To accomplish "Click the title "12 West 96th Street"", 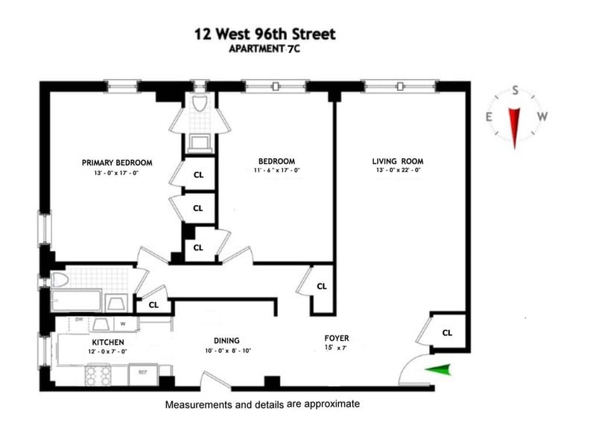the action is pos(265,34).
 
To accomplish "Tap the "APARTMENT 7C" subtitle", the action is pos(264,49).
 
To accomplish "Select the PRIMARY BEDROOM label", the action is pos(117,163).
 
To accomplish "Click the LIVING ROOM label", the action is pos(398,161).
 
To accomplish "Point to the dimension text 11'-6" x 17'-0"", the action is pos(276,170).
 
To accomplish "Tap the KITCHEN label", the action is pos(108,342).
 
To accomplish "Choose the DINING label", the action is pos(226,341).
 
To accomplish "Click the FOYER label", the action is pos(337,338).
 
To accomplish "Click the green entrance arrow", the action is pos(438,370).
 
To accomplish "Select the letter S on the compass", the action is pos(516,90).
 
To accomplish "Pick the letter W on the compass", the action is pos(542,116).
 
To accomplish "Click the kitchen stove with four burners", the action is pos(98,374).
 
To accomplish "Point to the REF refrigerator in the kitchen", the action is pos(143,374).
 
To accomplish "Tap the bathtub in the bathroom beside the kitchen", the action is pos(76,301).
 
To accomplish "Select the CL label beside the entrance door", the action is pos(448,333).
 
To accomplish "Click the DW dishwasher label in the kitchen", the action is pos(79,319).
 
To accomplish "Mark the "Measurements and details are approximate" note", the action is pos(262,404).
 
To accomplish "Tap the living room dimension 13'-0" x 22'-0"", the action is pos(398,170).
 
